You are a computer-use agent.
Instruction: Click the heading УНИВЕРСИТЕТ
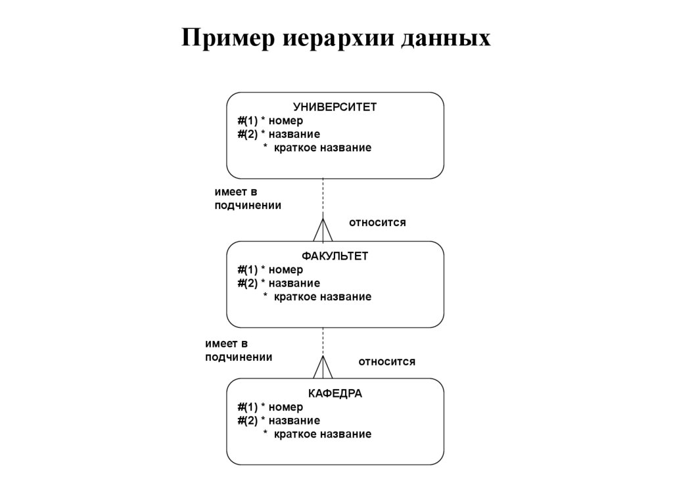coord(335,107)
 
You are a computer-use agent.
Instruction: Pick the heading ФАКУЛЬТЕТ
coord(335,256)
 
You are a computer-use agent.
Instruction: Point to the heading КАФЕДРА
coord(335,394)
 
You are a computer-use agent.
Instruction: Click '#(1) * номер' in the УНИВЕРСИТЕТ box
coord(270,121)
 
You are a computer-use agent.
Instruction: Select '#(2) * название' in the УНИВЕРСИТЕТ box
coord(279,134)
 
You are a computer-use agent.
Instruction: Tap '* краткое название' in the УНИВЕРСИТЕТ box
coord(317,148)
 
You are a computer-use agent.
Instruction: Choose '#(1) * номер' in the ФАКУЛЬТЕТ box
coord(270,269)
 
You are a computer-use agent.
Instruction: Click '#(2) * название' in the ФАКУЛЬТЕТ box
coord(279,283)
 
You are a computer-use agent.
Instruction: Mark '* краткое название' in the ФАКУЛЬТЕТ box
coord(317,297)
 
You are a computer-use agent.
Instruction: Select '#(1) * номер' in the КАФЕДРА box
coord(270,407)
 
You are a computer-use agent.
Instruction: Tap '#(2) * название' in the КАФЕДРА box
coord(279,421)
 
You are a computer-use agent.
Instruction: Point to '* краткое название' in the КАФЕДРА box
coord(317,434)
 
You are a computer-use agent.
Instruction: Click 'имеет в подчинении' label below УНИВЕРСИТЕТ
coord(248,198)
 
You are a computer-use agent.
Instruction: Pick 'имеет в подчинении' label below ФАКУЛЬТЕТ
coord(238,350)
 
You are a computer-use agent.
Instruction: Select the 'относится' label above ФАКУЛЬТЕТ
coord(377,223)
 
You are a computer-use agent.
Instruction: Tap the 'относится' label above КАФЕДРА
coord(386,361)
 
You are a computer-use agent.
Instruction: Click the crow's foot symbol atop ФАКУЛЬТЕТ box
coord(323,231)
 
